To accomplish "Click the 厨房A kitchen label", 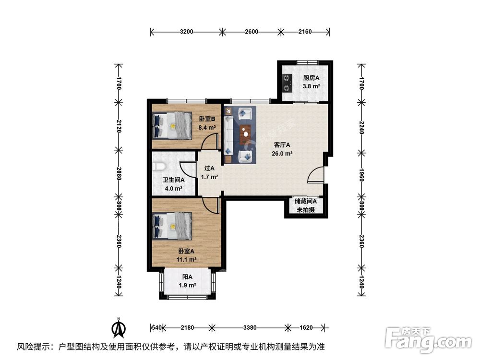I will click(x=311, y=78).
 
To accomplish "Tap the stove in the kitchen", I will click(x=288, y=83).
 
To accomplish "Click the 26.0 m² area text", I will click(x=283, y=154).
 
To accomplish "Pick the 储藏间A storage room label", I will click(x=305, y=202).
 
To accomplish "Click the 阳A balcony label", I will click(x=187, y=277).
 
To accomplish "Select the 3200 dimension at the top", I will click(x=186, y=32).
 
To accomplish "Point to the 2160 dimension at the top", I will click(x=305, y=32).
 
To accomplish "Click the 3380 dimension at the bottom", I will click(x=250, y=328).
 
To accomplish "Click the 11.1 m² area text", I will click(x=187, y=260).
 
